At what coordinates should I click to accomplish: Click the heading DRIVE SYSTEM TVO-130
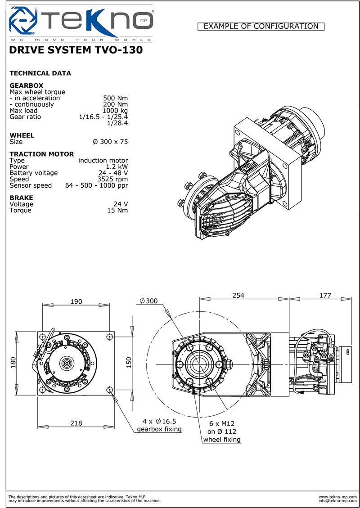pyautogui.click(x=76, y=50)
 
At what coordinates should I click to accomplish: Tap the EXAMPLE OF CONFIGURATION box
pyautogui.click(x=261, y=27)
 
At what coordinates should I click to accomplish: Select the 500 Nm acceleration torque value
pyautogui.click(x=116, y=98)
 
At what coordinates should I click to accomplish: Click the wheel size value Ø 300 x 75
pyautogui.click(x=110, y=142)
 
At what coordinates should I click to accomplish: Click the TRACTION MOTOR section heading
pyautogui.click(x=41, y=154)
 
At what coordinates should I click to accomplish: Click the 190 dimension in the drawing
pyautogui.click(x=76, y=301)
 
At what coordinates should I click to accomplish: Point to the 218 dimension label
pyautogui.click(x=76, y=423)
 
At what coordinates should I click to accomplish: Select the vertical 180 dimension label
pyautogui.click(x=13, y=362)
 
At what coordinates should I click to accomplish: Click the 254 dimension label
pyautogui.click(x=238, y=295)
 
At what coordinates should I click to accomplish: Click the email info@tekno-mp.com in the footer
pyautogui.click(x=337, y=500)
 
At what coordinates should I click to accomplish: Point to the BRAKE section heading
pyautogui.click(x=21, y=198)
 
